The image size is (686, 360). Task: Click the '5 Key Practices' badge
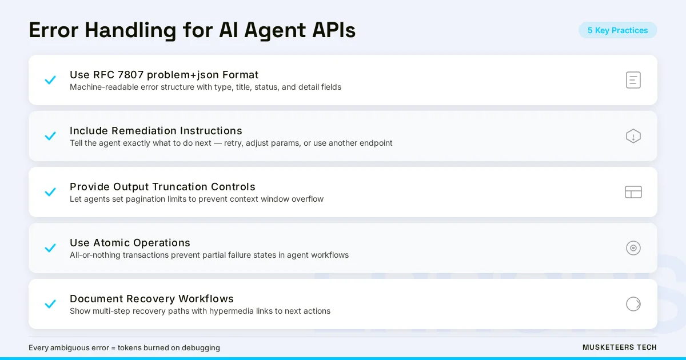pos(617,30)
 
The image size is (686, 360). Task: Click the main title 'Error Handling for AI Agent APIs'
pos(192,30)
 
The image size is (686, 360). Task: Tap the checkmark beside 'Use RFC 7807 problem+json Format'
pos(50,80)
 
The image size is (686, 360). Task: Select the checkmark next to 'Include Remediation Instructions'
pos(50,136)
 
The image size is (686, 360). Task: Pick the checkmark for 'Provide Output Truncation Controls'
pos(50,192)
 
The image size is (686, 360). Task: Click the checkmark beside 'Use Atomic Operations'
pos(50,248)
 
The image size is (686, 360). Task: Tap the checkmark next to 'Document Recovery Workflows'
pos(50,304)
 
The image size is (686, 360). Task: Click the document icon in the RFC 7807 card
pos(633,80)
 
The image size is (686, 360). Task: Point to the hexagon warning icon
pos(633,136)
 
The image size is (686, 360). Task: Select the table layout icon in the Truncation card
pos(633,192)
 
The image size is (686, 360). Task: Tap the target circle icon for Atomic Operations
pos(633,248)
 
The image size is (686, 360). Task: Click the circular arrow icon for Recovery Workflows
pos(633,304)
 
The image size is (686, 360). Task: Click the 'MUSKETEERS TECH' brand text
pos(619,347)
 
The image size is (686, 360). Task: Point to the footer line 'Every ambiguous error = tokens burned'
pos(124,347)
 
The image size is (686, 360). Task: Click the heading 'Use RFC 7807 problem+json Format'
pos(164,75)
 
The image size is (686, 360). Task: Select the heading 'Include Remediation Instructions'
pos(156,131)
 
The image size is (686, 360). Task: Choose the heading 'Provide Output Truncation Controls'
pos(162,187)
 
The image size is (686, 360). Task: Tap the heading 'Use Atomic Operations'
pos(130,243)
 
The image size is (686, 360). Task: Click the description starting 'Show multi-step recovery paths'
pos(200,311)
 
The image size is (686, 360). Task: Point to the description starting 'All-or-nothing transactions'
pos(209,255)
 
